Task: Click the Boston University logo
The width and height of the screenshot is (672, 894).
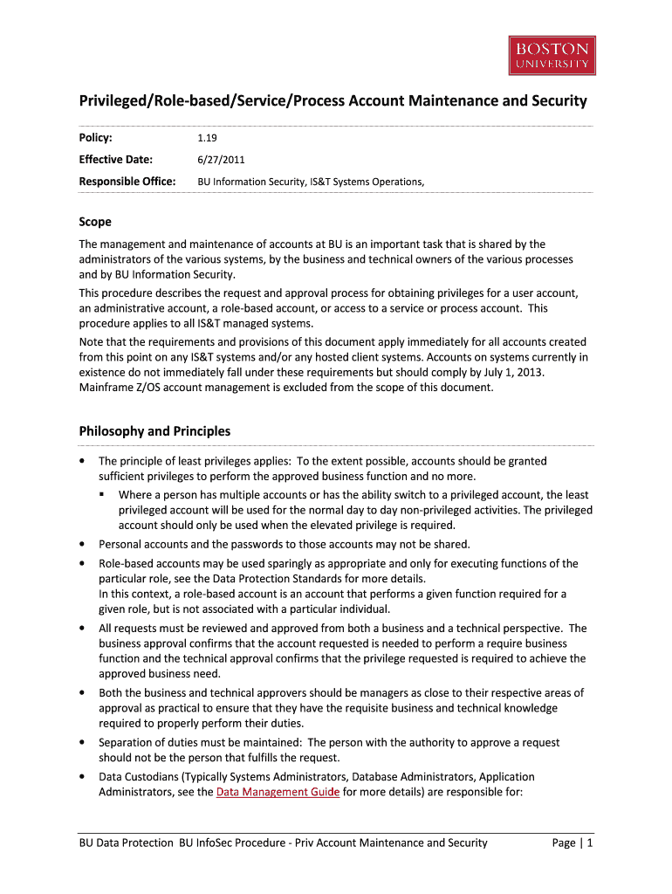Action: click(x=552, y=55)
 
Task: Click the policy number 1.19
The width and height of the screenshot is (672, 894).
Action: click(x=209, y=137)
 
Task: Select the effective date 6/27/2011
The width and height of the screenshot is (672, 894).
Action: click(x=220, y=159)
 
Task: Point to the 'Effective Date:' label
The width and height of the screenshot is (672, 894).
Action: click(x=116, y=159)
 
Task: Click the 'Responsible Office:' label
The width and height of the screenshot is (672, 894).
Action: click(x=127, y=181)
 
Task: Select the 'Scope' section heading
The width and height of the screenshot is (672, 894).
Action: click(x=95, y=222)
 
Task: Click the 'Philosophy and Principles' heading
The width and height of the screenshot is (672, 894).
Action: click(x=154, y=430)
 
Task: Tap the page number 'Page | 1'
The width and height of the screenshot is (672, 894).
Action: click(x=573, y=842)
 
